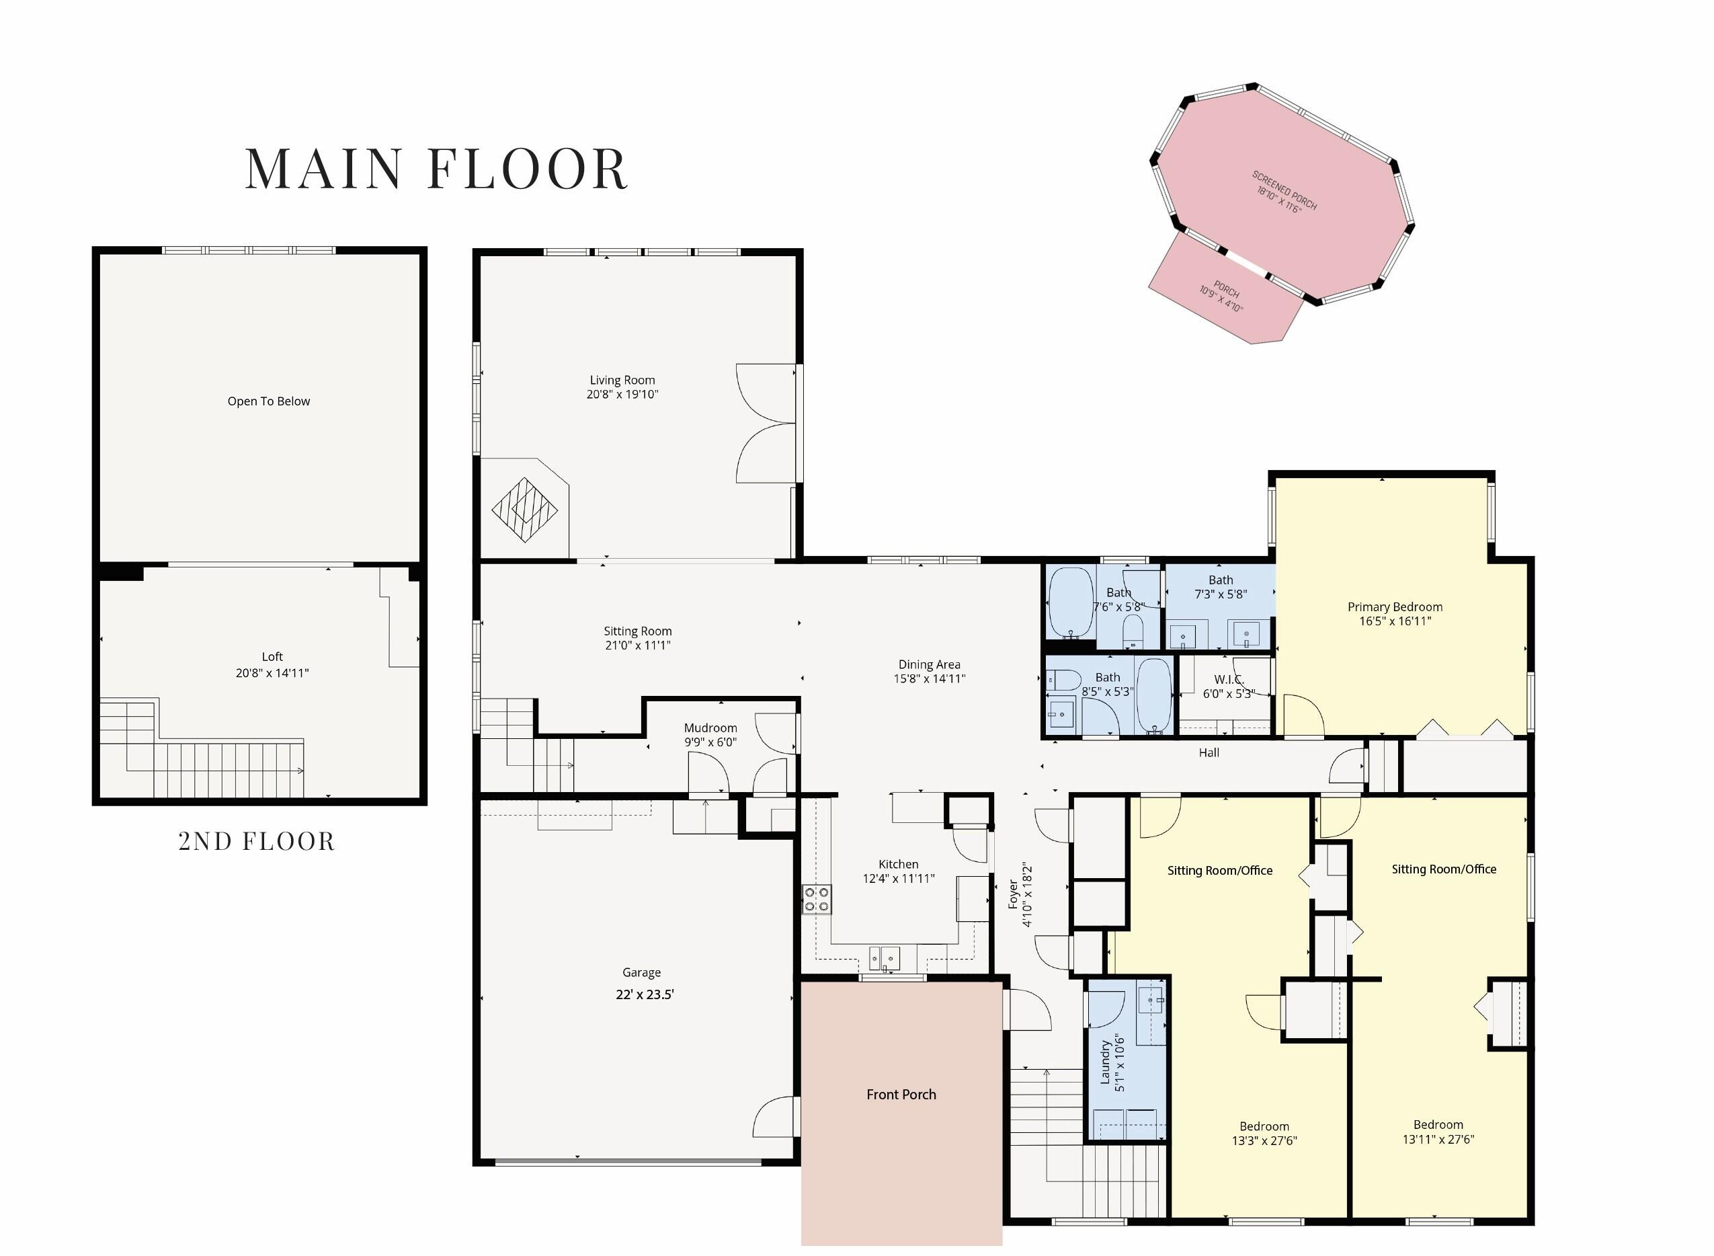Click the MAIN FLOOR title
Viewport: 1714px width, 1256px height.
[436, 168]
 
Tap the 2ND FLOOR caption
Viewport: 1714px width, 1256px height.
[256, 841]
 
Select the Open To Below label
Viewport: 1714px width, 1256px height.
[268, 401]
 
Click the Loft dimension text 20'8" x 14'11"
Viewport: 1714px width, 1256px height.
[272, 673]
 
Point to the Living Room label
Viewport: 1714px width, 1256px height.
[622, 380]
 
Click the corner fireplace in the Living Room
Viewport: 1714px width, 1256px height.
[524, 510]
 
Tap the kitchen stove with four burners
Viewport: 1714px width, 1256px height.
[817, 899]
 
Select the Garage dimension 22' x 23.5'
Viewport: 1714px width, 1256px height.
[645, 994]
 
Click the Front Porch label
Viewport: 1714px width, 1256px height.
[901, 1095]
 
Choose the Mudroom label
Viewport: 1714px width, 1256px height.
[710, 728]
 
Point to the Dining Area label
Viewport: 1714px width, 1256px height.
[929, 664]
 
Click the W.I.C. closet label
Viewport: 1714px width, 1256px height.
[1228, 679]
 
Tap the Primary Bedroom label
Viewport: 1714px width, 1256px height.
[1395, 606]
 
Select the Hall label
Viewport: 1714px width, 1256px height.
[1209, 752]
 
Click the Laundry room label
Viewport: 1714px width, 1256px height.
[1104, 1062]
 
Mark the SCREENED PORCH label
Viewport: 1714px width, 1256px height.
[1284, 190]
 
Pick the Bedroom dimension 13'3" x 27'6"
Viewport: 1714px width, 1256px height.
[1264, 1140]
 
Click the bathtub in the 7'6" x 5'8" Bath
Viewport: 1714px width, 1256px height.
[1071, 602]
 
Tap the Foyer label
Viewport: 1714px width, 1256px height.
[1012, 895]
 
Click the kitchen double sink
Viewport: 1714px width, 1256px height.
[885, 958]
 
